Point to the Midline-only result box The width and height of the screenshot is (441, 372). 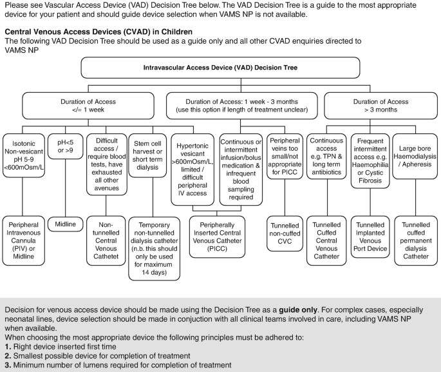[66, 224]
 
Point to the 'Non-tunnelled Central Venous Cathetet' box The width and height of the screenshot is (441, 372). [108, 240]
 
